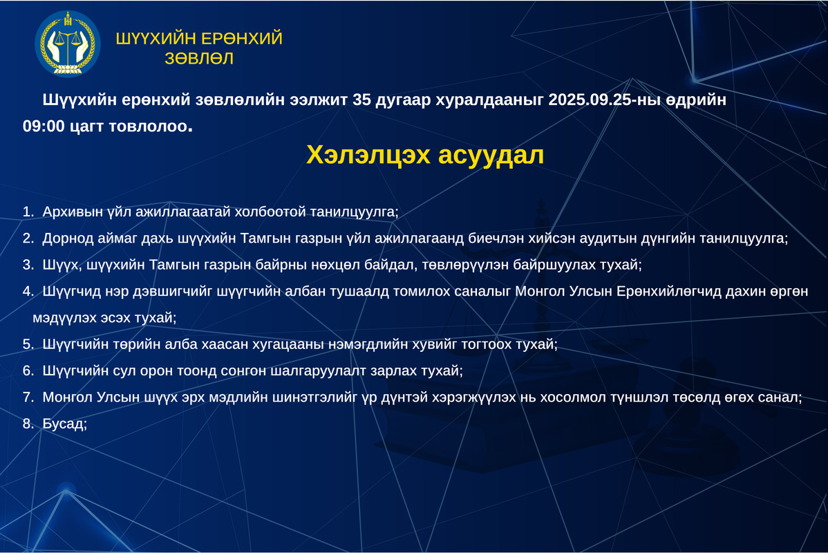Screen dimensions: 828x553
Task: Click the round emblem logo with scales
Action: click(x=68, y=44)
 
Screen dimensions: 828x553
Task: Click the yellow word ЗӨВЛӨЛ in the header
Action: click(x=199, y=58)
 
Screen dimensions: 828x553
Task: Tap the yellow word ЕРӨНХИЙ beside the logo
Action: click(x=242, y=39)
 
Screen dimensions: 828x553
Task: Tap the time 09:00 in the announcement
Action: click(x=44, y=126)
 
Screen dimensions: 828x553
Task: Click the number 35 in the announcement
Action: click(x=361, y=100)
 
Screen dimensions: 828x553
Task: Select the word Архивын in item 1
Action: click(x=73, y=212)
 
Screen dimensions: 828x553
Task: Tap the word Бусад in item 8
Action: click(x=63, y=423)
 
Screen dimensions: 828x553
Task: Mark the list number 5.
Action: click(x=26, y=344)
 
